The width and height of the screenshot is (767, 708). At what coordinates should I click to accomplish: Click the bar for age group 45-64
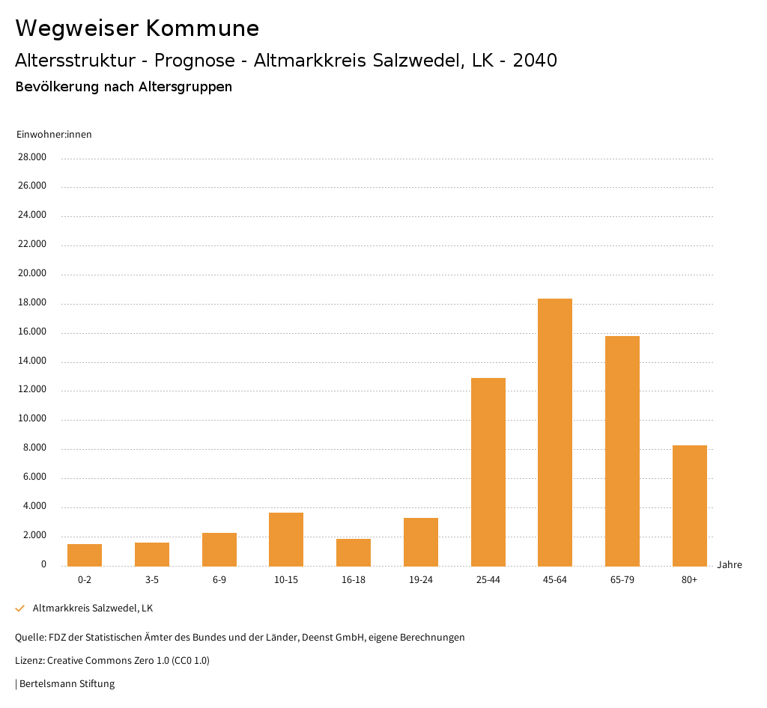pyautogui.click(x=555, y=432)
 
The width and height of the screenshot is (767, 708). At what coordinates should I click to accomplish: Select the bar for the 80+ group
pyautogui.click(x=689, y=505)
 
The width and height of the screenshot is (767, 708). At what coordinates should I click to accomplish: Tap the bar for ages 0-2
pyautogui.click(x=85, y=555)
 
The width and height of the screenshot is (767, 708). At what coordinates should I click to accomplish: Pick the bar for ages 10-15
pyautogui.click(x=286, y=539)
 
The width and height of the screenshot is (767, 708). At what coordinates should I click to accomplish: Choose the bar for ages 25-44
pyautogui.click(x=488, y=472)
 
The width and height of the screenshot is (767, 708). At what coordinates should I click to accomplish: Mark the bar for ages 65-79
pyautogui.click(x=622, y=451)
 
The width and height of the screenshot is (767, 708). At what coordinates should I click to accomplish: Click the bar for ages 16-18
pyautogui.click(x=354, y=552)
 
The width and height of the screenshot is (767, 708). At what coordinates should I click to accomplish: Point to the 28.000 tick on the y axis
pyautogui.click(x=32, y=157)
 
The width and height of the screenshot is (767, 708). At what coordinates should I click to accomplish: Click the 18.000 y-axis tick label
pyautogui.click(x=32, y=302)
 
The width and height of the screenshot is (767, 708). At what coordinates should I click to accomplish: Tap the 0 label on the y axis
pyautogui.click(x=43, y=564)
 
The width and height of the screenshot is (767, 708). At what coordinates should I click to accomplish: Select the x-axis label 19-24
pyautogui.click(x=421, y=580)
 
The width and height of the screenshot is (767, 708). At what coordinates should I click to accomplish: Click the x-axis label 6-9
pyautogui.click(x=219, y=580)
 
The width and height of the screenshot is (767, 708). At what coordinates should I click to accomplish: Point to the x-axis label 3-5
pyautogui.click(x=152, y=580)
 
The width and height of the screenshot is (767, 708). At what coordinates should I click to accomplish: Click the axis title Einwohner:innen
pyautogui.click(x=54, y=135)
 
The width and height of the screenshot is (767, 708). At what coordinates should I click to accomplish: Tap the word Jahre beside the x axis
pyautogui.click(x=730, y=564)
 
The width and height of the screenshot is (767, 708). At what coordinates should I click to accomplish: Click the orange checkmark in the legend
pyautogui.click(x=20, y=608)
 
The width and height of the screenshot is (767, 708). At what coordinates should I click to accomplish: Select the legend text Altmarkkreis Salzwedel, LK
pyautogui.click(x=93, y=608)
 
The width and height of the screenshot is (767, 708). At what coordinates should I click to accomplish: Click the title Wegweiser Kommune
pyautogui.click(x=137, y=28)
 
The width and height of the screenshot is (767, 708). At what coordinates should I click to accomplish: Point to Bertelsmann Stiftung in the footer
pyautogui.click(x=67, y=683)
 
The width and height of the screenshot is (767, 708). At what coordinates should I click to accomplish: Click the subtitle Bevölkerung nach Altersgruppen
pyautogui.click(x=124, y=87)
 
